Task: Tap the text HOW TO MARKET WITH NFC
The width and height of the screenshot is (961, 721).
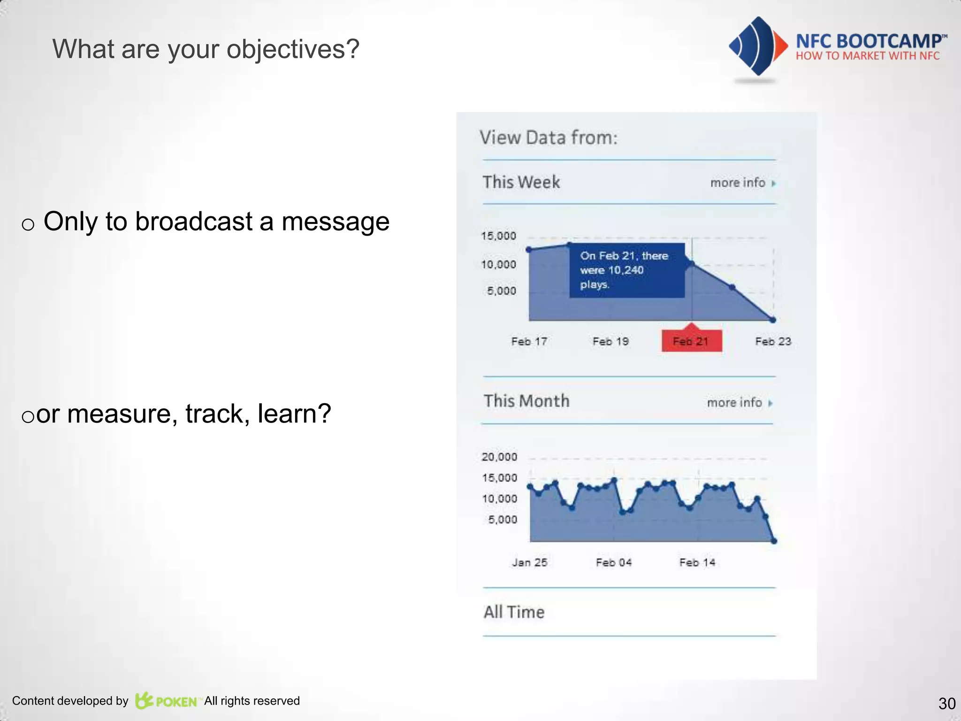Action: [x=867, y=56]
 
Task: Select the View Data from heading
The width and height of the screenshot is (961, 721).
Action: [x=548, y=138]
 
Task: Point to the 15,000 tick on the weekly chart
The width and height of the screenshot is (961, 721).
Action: [x=498, y=236]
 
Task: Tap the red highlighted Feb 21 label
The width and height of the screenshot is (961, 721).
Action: [x=691, y=341]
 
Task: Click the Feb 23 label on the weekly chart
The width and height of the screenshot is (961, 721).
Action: [x=773, y=341]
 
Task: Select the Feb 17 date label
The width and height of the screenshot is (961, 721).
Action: [x=529, y=341]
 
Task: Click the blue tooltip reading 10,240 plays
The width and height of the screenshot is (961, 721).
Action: [x=626, y=270]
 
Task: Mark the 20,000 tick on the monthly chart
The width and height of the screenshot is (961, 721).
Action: [x=499, y=457]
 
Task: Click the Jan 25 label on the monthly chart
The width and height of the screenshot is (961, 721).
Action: [x=529, y=562]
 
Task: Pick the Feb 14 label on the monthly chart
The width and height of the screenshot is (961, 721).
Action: [x=697, y=562]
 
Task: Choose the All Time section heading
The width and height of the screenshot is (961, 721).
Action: [x=514, y=612]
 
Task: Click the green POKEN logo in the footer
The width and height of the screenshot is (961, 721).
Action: [x=166, y=701]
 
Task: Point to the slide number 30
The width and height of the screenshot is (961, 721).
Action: [x=946, y=704]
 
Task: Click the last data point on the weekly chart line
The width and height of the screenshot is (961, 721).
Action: [x=773, y=320]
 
